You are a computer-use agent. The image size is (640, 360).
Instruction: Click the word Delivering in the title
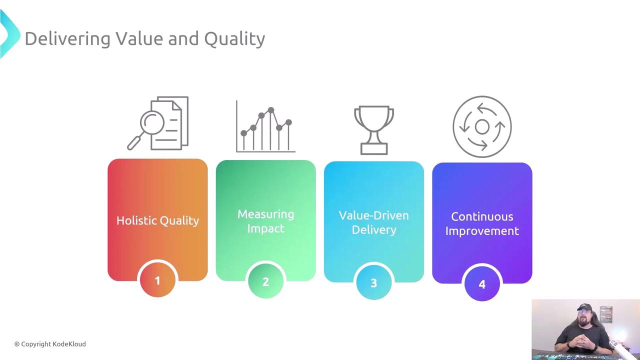(x=67, y=39)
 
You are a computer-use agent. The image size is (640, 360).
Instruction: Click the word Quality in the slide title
(x=234, y=39)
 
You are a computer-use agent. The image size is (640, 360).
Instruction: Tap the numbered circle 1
(x=157, y=280)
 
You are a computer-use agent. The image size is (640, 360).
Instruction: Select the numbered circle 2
(x=265, y=281)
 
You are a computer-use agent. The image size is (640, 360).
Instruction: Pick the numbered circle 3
(x=373, y=282)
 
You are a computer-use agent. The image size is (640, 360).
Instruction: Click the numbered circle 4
(x=482, y=283)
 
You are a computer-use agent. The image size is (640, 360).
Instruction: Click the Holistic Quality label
(x=157, y=220)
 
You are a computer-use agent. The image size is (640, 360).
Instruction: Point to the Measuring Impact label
(x=265, y=221)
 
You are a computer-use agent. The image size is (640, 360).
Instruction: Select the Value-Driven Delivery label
(x=373, y=222)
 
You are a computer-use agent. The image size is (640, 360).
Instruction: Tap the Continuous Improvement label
(x=482, y=223)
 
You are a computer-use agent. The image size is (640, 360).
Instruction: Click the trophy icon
(x=374, y=130)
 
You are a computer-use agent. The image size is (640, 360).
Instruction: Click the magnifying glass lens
(x=152, y=122)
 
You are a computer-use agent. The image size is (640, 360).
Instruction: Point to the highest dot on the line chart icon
(x=271, y=110)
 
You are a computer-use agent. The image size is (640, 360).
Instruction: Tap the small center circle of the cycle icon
(x=482, y=127)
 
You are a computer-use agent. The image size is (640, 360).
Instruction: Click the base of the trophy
(x=374, y=148)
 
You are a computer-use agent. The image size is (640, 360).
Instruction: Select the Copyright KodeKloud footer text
(x=50, y=344)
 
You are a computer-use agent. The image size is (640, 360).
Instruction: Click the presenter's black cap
(x=585, y=307)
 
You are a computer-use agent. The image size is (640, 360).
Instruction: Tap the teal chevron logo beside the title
(x=9, y=34)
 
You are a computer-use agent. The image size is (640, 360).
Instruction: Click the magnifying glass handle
(x=134, y=143)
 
